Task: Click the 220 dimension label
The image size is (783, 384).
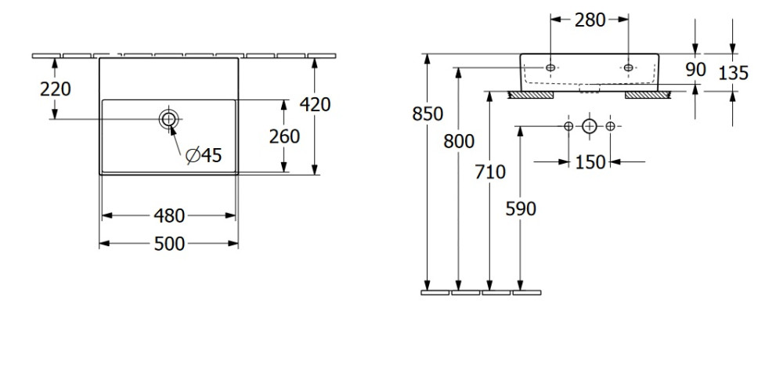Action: (56, 89)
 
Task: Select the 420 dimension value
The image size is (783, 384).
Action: (314, 104)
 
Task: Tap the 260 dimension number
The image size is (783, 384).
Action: (284, 136)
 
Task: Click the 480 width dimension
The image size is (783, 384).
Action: (169, 215)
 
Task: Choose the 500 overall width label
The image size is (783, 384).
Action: (169, 245)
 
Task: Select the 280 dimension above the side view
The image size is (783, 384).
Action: (590, 20)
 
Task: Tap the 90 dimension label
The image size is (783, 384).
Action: (695, 70)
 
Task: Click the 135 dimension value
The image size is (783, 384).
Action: (733, 73)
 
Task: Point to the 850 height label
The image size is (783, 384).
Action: (428, 114)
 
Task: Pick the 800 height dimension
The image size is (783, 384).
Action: (459, 142)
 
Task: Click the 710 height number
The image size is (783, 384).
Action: (490, 172)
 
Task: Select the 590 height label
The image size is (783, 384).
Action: (521, 209)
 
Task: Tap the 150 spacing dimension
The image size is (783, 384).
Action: (590, 162)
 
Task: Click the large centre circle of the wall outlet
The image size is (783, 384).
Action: (590, 126)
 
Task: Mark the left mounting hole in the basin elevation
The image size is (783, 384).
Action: (550, 68)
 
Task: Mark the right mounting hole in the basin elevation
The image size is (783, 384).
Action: (628, 68)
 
